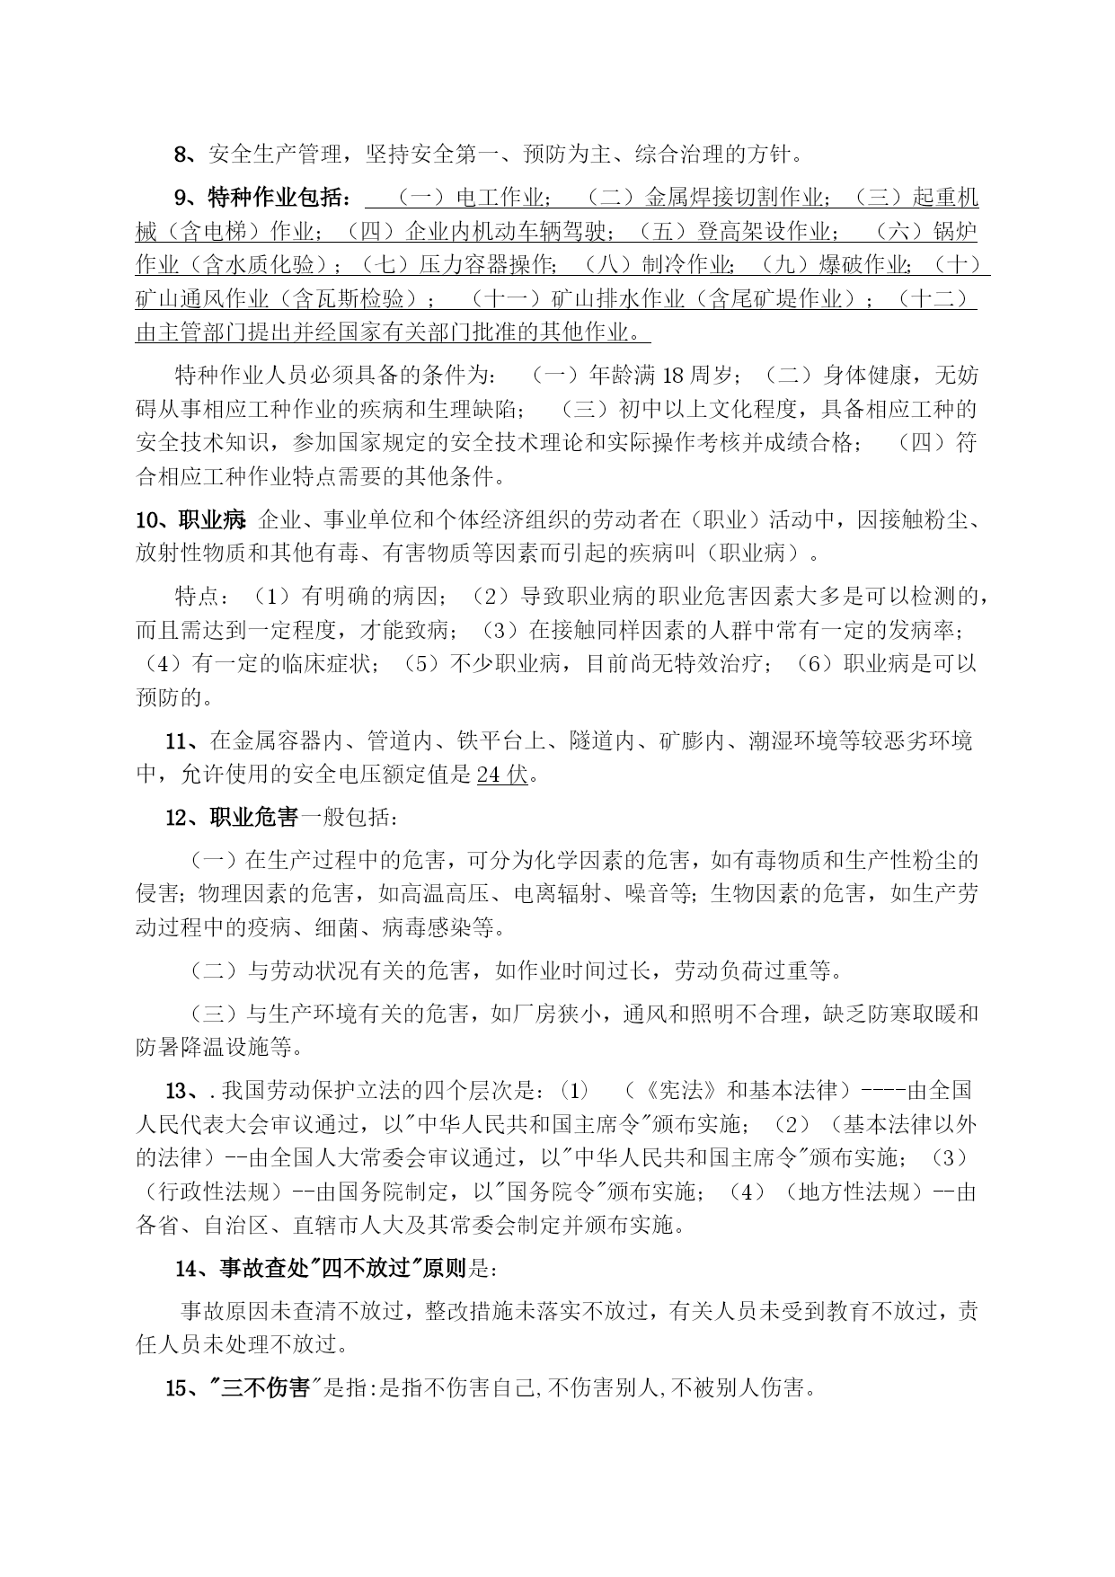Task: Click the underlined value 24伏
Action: point(502,775)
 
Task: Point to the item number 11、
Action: point(186,741)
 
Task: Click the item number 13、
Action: point(186,1091)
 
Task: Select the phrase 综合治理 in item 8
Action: point(666,155)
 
